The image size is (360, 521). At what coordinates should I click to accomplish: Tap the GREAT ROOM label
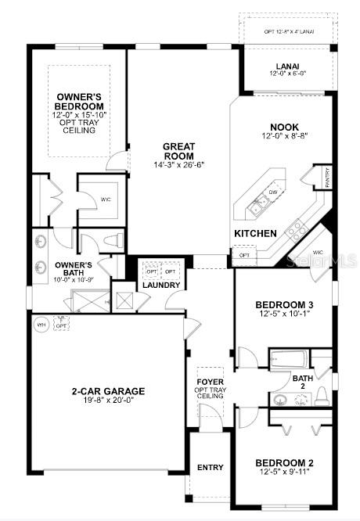178,150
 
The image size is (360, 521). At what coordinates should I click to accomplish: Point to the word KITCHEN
255,233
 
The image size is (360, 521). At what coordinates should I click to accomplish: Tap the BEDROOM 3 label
285,304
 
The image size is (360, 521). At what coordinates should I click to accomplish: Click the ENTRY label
210,467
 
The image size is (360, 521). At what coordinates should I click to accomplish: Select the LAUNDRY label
162,285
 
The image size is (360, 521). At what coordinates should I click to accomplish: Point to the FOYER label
211,381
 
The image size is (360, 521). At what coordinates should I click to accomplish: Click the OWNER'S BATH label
74,265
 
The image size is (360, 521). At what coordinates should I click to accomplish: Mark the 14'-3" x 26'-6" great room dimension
178,165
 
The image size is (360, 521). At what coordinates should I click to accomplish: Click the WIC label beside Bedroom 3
318,252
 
